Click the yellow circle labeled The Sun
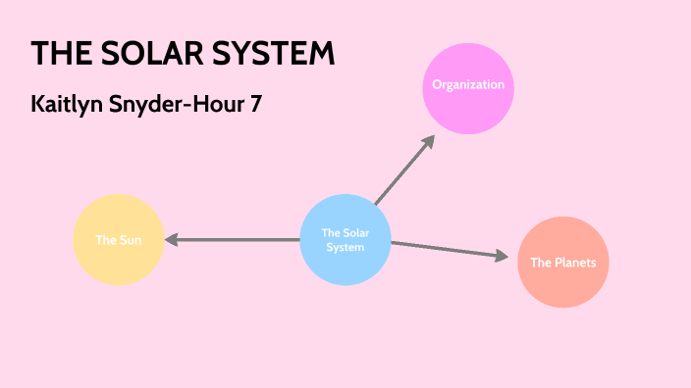pyautogui.click(x=118, y=240)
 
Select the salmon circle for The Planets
pyautogui.click(x=563, y=263)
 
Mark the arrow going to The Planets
pyautogui.click(x=447, y=249)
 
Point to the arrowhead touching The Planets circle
pyautogui.click(x=503, y=257)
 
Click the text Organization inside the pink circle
pyautogui.click(x=468, y=84)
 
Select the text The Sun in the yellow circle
pyautogui.click(x=117, y=240)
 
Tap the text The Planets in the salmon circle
pyautogui.click(x=563, y=263)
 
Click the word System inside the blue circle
pyautogui.click(x=345, y=247)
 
